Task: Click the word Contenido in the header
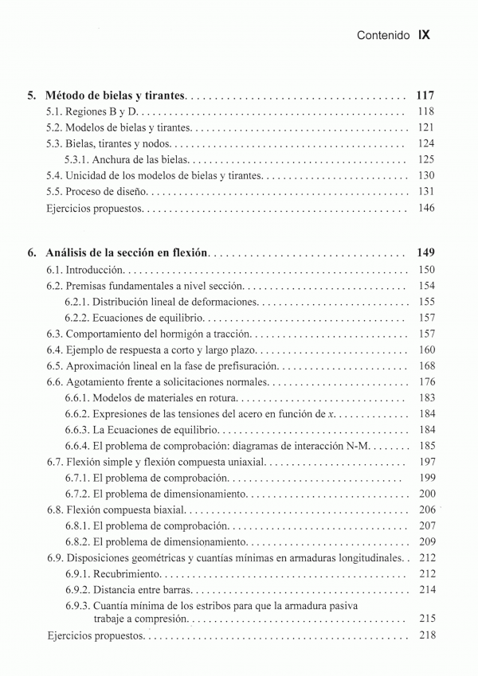[x=383, y=36]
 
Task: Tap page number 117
[x=425, y=96]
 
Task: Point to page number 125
[x=425, y=159]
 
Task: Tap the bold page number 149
[x=425, y=253]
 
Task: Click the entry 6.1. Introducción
[x=85, y=270]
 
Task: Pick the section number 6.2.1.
[x=77, y=302]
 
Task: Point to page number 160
[x=425, y=350]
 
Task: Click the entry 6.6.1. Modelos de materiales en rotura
[x=151, y=397]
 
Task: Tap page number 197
[x=425, y=462]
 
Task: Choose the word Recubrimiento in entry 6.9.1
[x=127, y=573]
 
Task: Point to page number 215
[x=425, y=618]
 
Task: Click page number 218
[x=425, y=635]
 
